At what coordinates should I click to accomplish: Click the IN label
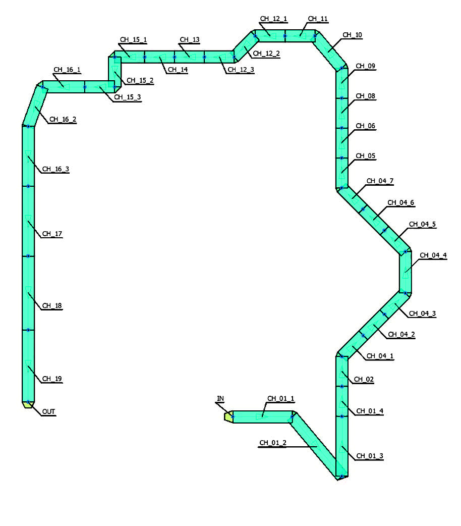[220, 399]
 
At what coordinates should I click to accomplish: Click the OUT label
[49, 412]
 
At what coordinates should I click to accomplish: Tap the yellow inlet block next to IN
[228, 417]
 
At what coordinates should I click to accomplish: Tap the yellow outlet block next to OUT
[28, 404]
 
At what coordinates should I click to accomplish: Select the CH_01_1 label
[280, 399]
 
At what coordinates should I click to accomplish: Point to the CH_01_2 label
[272, 443]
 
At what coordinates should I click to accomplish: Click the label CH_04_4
[433, 255]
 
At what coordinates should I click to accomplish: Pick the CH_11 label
[317, 19]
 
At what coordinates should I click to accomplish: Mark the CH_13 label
[190, 39]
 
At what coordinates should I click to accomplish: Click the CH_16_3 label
[55, 170]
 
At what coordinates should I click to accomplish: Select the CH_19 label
[52, 379]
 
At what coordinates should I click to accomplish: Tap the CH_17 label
[52, 234]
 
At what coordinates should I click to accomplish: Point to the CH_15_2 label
[140, 80]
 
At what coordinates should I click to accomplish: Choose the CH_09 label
[366, 66]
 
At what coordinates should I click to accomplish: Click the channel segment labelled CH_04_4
[406, 272]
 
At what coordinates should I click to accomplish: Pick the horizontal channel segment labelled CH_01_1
[262, 416]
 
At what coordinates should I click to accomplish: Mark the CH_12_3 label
[241, 70]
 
